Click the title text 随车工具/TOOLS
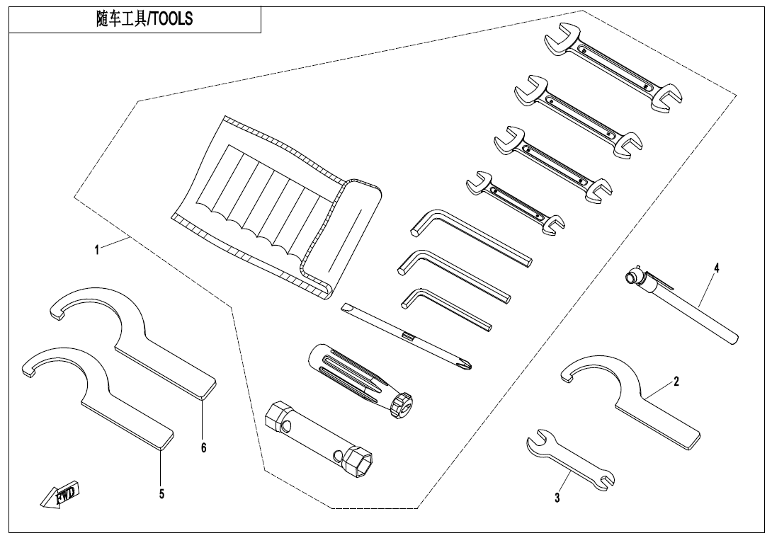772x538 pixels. click(144, 20)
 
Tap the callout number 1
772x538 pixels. click(96, 248)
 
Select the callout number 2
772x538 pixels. click(676, 382)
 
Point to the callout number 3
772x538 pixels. click(557, 498)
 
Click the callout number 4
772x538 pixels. click(716, 268)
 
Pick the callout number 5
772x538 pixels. click(161, 494)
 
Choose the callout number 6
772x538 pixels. click(203, 447)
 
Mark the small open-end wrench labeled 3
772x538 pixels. click(570, 459)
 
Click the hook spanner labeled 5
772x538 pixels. click(99, 393)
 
